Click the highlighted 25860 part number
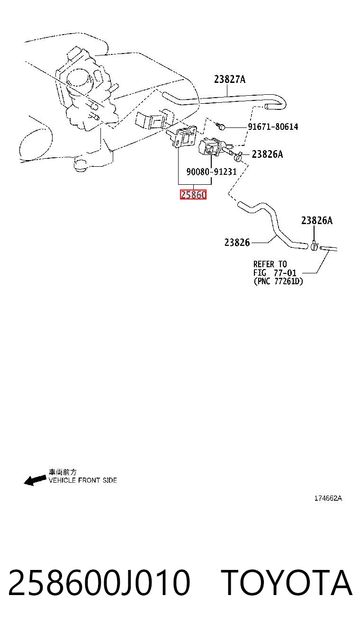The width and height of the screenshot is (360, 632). tap(193, 194)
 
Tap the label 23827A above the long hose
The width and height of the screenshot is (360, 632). tap(230, 79)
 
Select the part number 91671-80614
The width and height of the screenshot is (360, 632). tap(273, 126)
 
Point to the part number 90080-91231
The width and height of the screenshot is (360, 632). tap(211, 172)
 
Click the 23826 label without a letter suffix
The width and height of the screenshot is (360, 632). tap(237, 243)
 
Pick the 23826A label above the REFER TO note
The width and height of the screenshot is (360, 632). tap(317, 220)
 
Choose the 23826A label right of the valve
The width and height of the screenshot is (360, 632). tap(267, 154)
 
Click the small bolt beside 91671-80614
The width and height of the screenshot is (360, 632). tap(221, 126)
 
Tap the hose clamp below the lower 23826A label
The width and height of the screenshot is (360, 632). tap(315, 246)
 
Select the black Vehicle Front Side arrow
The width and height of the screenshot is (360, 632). tap(35, 480)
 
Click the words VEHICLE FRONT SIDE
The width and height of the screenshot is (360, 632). tap(83, 480)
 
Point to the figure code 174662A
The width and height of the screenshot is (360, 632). tap(328, 498)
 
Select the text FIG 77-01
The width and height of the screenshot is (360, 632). tap(275, 273)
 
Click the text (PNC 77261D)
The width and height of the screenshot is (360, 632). tap(278, 281)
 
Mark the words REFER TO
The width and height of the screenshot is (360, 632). tap(270, 264)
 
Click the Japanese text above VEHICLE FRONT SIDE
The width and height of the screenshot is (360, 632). tap(63, 472)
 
